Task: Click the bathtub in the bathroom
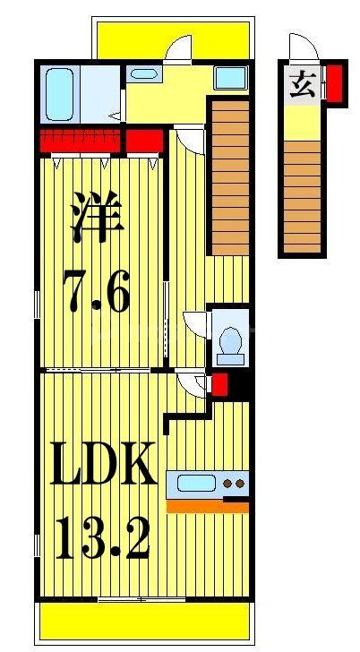click(x=60, y=90)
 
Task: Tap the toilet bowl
click(x=230, y=342)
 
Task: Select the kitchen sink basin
click(x=195, y=485)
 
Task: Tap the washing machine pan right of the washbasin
click(x=230, y=78)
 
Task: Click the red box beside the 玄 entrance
click(x=334, y=82)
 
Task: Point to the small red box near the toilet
click(x=219, y=386)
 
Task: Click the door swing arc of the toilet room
click(x=194, y=322)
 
